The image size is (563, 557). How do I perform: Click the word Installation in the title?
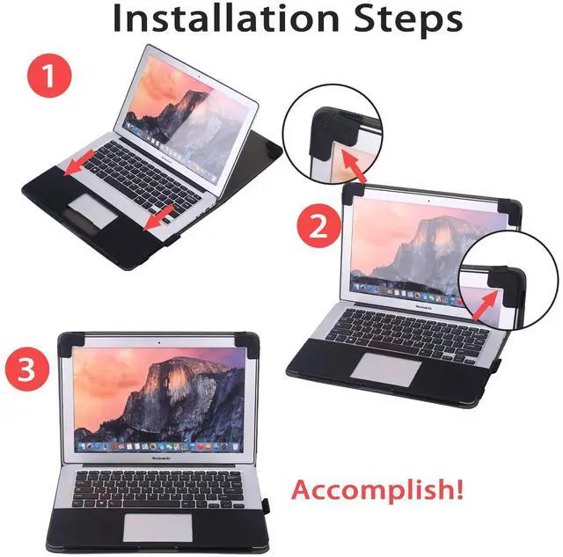tap(226, 18)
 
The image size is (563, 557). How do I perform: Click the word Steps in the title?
tap(408, 20)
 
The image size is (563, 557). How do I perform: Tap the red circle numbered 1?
tap(49, 75)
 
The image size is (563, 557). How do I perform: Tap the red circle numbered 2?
tap(318, 225)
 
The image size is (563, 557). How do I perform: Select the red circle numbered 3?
tap(27, 369)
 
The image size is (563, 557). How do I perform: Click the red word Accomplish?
tap(377, 489)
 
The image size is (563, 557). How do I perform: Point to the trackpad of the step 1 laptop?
tap(93, 211)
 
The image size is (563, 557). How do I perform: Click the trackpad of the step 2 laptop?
tap(386, 370)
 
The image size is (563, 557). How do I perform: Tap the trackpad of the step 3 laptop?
tap(158, 527)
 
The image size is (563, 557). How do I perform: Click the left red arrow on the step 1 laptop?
tap(79, 164)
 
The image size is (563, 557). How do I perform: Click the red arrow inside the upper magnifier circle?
tap(353, 165)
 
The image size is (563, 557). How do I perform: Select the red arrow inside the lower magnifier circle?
tap(485, 304)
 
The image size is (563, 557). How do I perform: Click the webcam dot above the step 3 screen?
tap(159, 343)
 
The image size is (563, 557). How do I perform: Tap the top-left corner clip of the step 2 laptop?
tap(353, 194)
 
